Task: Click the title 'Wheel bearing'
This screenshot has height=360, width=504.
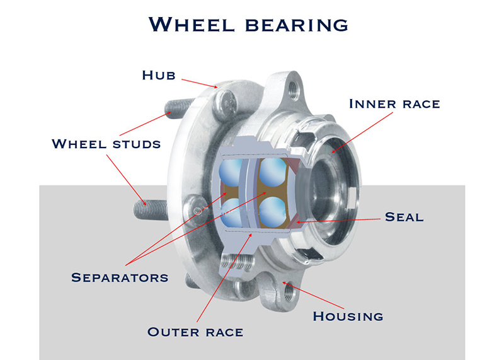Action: [x=248, y=24]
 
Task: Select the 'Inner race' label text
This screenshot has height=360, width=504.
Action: [x=394, y=103]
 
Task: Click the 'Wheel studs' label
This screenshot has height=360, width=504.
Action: [x=106, y=144]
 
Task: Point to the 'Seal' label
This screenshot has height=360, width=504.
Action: [x=404, y=217]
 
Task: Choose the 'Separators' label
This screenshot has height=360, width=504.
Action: [x=120, y=277]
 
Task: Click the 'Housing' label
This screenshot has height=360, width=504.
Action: [x=348, y=316]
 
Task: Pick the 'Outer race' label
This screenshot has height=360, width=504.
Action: [x=195, y=331]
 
